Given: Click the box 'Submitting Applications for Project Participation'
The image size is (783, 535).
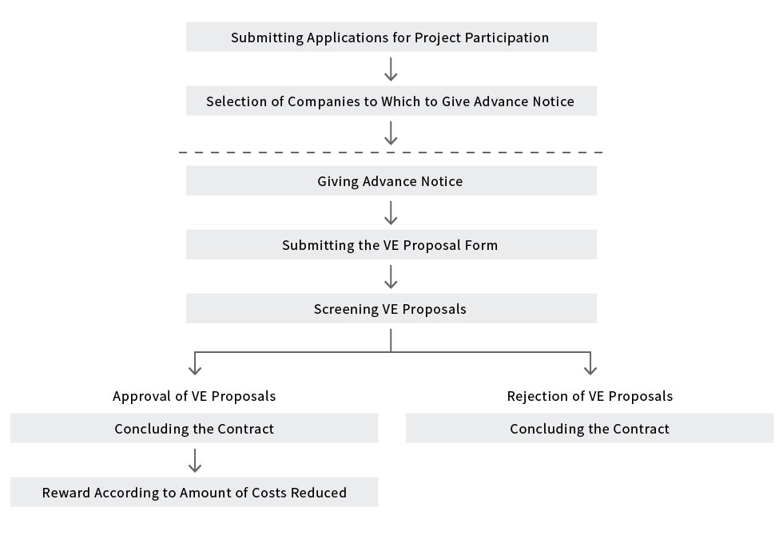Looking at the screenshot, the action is click(x=391, y=37).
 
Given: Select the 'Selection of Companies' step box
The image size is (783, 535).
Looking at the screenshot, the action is click(x=391, y=101).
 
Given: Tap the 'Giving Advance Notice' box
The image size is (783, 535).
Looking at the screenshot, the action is click(x=391, y=180).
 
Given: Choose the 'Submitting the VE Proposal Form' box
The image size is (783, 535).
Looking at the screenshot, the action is click(x=391, y=244).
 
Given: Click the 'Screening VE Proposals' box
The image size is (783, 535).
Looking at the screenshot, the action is click(x=391, y=308).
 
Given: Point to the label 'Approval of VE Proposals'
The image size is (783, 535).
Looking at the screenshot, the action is click(x=194, y=396).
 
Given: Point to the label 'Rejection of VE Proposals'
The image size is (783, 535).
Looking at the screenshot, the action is click(x=590, y=396).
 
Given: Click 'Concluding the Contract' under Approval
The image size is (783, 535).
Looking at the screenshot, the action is click(x=194, y=428).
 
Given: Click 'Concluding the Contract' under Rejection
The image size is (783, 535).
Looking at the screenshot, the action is click(x=590, y=428).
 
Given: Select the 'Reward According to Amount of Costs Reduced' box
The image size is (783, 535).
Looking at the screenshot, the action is click(x=194, y=492).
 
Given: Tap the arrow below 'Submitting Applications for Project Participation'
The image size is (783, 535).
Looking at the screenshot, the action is click(x=391, y=69).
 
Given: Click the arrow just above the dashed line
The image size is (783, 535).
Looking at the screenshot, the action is click(x=391, y=133).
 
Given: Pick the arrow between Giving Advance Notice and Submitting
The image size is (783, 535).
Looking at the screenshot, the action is click(x=391, y=212).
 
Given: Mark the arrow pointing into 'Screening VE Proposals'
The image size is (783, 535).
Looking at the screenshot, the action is click(x=391, y=276).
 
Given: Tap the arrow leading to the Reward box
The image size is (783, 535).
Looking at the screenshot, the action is click(x=195, y=460).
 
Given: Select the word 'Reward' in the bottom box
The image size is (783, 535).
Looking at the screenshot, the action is click(x=66, y=493).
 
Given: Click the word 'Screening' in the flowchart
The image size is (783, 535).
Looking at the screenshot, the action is click(x=346, y=310).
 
